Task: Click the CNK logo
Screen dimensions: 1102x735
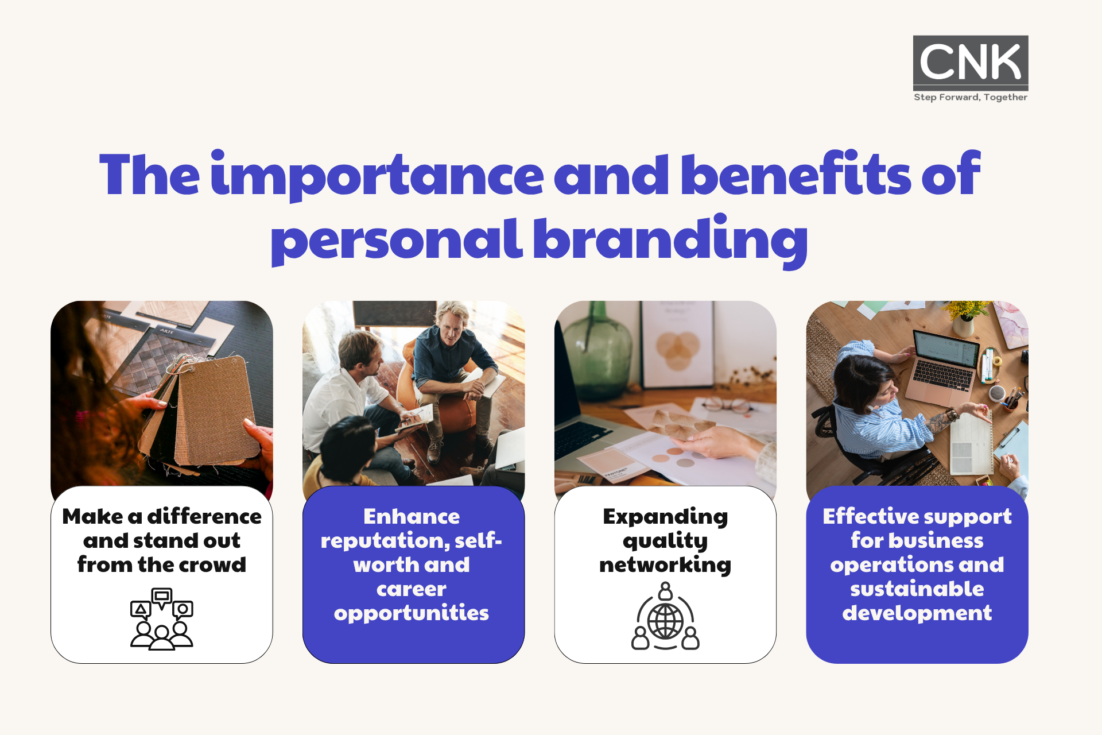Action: (x=971, y=63)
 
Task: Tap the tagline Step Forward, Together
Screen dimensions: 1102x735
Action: (x=971, y=98)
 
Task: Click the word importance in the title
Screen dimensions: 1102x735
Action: (x=377, y=175)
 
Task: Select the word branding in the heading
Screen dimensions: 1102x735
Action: (x=671, y=239)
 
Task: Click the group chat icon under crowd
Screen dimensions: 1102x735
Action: (x=162, y=619)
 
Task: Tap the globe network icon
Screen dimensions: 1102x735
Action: (x=666, y=616)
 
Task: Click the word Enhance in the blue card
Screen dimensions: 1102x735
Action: (x=412, y=516)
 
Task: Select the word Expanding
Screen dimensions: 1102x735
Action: (x=665, y=517)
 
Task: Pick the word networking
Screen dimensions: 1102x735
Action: (x=665, y=566)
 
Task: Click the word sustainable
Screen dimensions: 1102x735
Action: (x=917, y=589)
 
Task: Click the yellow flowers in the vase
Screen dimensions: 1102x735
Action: (x=968, y=310)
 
